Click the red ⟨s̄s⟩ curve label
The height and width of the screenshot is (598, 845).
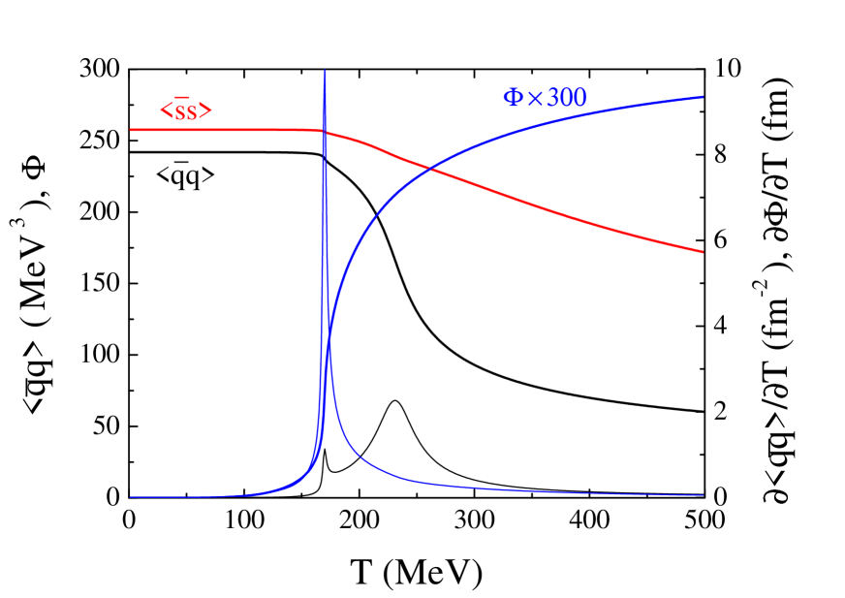click(186, 110)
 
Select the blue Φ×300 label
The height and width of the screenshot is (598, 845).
click(545, 97)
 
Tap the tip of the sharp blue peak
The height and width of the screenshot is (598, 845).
click(325, 71)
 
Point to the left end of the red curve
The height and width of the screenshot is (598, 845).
click(131, 129)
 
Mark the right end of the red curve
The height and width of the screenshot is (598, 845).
click(703, 252)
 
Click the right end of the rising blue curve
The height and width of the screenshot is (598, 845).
click(703, 96)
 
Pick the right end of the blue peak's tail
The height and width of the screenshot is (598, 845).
click(703, 495)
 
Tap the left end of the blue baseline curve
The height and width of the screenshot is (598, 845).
click(131, 497)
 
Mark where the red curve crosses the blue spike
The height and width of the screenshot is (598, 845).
click(325, 132)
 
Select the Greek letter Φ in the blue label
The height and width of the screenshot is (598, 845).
click(513, 97)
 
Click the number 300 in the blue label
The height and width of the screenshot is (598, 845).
click(567, 97)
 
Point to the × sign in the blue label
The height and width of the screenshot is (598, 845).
click(535, 98)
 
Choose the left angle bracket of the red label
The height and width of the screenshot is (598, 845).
click(165, 111)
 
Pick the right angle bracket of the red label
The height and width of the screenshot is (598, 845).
click(206, 111)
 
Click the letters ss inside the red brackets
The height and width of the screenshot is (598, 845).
click(185, 111)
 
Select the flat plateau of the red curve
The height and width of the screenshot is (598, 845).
click(218, 129)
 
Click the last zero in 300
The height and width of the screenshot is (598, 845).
click(579, 97)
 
